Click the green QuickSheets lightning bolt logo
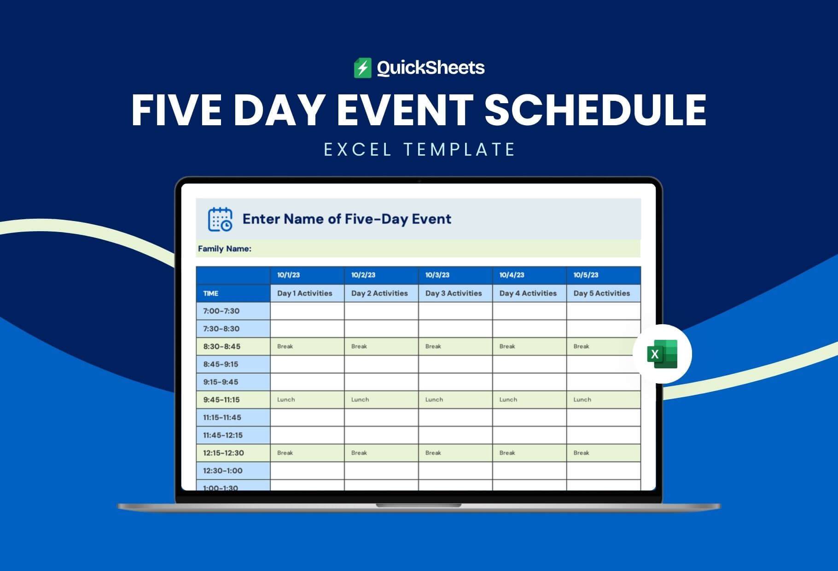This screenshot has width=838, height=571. [362, 68]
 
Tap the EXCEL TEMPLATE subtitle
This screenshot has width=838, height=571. [419, 150]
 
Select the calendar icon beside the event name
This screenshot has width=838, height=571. [220, 219]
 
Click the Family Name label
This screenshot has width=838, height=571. [225, 249]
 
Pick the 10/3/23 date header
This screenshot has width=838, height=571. [437, 275]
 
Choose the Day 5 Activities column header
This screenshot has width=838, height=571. [601, 293]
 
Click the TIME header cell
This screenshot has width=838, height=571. [210, 293]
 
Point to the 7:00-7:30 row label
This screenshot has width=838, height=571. [221, 311]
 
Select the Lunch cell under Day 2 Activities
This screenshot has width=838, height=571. [381, 400]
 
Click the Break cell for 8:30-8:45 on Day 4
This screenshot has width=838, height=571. [530, 346]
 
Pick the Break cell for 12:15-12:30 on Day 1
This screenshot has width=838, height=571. [307, 453]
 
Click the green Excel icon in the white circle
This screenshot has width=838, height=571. [662, 354]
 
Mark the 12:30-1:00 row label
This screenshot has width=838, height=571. [223, 471]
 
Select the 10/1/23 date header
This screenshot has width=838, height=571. [288, 275]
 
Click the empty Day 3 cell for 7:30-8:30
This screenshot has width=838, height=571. [455, 329]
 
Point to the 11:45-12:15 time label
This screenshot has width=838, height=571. [223, 435]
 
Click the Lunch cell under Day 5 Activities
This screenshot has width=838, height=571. [604, 400]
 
